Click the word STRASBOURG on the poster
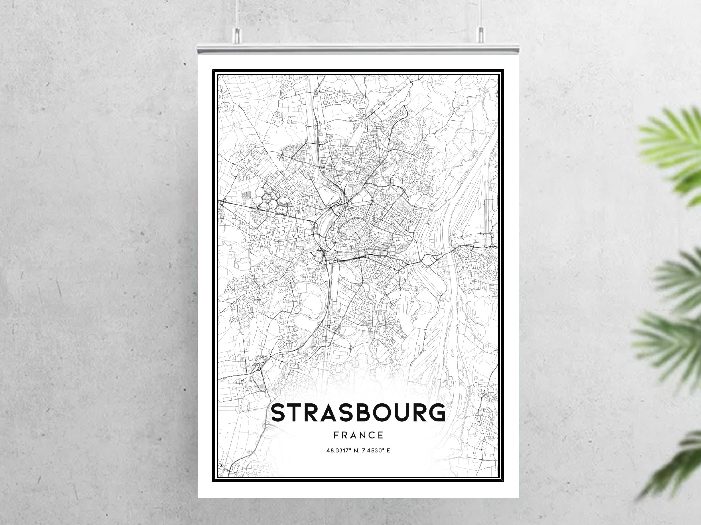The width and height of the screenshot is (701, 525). click(x=358, y=413)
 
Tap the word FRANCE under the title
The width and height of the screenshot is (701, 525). click(x=359, y=435)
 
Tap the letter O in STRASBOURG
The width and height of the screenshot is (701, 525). click(x=383, y=413)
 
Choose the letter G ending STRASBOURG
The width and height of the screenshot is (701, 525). click(x=435, y=413)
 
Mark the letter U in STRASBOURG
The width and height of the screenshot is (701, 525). click(x=403, y=413)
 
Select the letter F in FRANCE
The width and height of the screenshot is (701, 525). click(x=336, y=435)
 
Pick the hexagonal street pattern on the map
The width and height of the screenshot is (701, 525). click(x=270, y=202)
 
